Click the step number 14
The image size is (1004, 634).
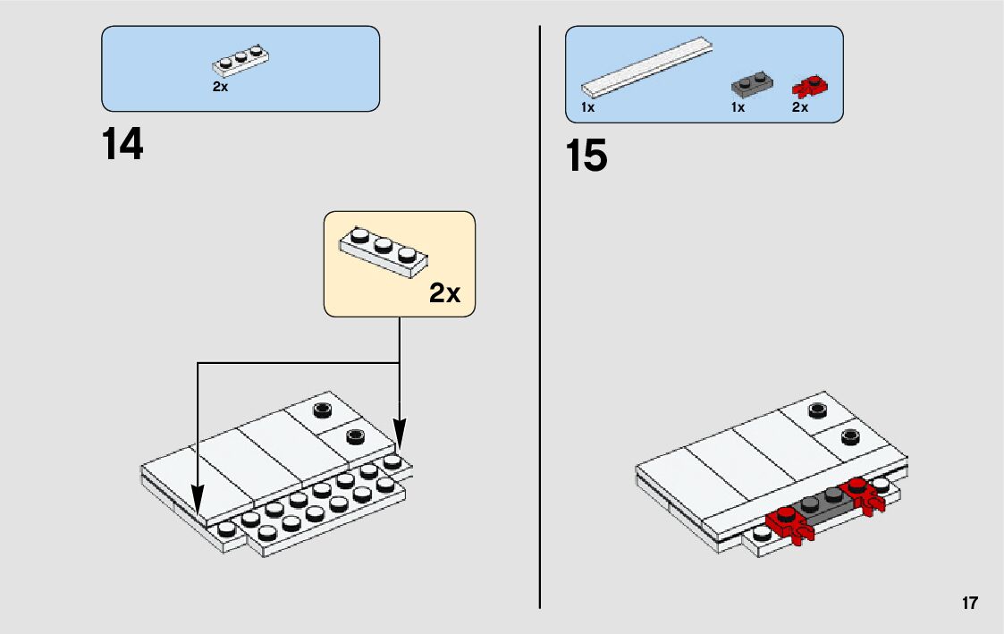click(122, 144)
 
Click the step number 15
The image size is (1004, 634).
click(586, 156)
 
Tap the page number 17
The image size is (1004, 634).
click(969, 604)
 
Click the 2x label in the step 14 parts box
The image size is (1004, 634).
click(220, 87)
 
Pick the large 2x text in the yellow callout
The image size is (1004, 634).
click(444, 292)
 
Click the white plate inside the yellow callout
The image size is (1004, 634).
click(384, 251)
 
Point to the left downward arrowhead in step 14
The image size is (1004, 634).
click(198, 501)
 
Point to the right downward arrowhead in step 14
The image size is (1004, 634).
click(400, 435)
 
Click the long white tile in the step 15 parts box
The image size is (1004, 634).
click(647, 67)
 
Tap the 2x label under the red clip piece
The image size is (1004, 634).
click(800, 107)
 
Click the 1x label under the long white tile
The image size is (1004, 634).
click(587, 107)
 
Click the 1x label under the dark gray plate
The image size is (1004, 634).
click(738, 107)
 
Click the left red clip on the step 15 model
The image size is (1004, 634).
click(789, 524)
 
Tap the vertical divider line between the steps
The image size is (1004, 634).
click(540, 317)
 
